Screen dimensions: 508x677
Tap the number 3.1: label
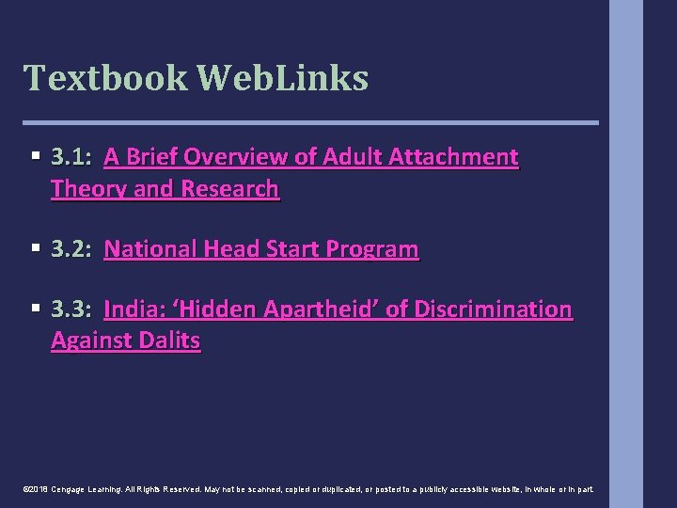(71, 157)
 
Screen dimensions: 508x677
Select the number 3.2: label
(71, 249)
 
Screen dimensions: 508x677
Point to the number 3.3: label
(71, 310)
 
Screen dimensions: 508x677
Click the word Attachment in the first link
(461, 157)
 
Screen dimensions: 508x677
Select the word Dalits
(167, 341)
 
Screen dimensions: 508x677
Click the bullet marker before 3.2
(35, 249)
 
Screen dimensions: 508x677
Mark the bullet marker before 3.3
(35, 310)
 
